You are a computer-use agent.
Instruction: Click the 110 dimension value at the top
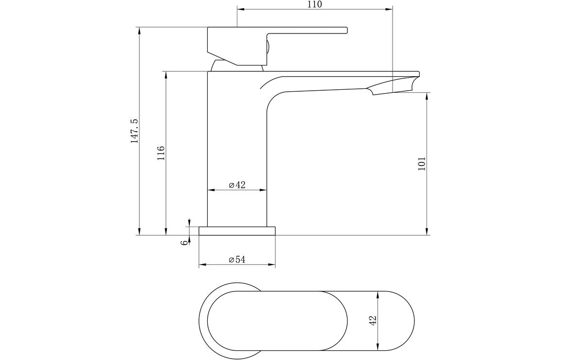click(x=314, y=4)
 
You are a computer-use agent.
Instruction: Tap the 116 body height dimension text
click(x=161, y=153)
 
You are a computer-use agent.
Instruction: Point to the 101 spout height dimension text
click(x=422, y=163)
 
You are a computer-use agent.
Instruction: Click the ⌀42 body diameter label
click(x=237, y=185)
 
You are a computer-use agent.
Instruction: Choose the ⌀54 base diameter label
click(x=237, y=260)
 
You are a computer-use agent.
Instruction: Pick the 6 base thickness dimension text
click(x=184, y=242)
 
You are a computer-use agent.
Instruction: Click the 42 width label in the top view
click(x=373, y=320)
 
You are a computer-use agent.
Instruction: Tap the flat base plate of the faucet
click(x=237, y=231)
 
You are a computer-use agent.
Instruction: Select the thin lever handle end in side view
click(x=335, y=31)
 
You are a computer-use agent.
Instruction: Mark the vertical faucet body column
click(x=237, y=146)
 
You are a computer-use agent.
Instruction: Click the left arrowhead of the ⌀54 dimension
click(x=201, y=265)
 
